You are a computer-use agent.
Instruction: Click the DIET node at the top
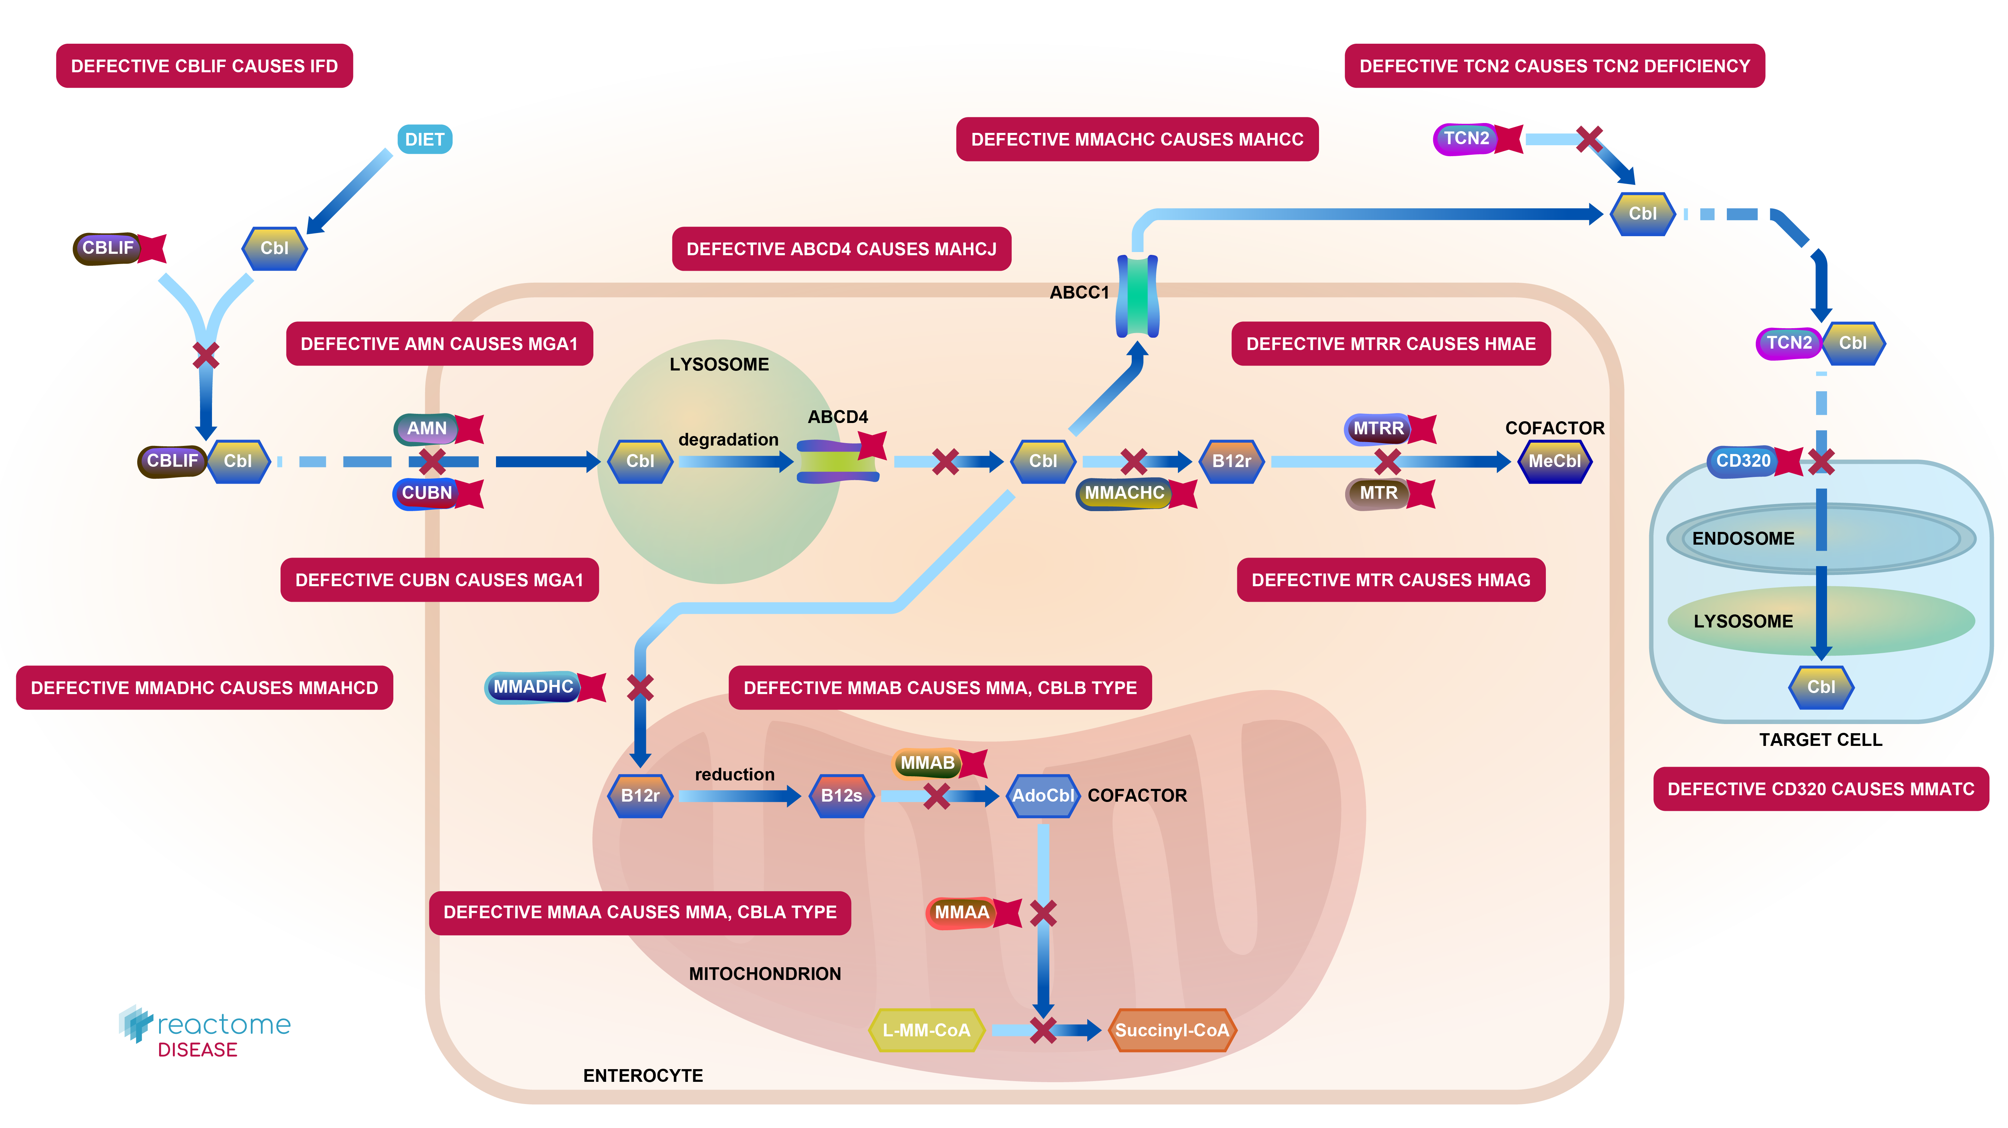(x=424, y=140)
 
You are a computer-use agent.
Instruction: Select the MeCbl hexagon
(x=1554, y=461)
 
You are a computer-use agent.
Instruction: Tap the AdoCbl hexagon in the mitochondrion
(x=1043, y=795)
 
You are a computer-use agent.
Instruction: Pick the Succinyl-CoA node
(x=1172, y=1030)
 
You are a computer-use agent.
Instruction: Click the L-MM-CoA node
(x=926, y=1030)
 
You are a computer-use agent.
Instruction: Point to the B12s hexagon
(x=841, y=795)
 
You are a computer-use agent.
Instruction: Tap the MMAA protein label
(x=961, y=912)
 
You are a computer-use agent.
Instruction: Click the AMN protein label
(x=427, y=428)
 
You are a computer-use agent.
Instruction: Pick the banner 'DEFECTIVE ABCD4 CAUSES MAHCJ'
(x=841, y=249)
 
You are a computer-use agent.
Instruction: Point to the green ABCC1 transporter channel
(x=1137, y=296)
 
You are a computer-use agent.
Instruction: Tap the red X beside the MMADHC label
(x=640, y=687)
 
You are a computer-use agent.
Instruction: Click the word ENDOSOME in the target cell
(x=1743, y=538)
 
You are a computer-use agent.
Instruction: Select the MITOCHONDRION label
(x=765, y=974)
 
